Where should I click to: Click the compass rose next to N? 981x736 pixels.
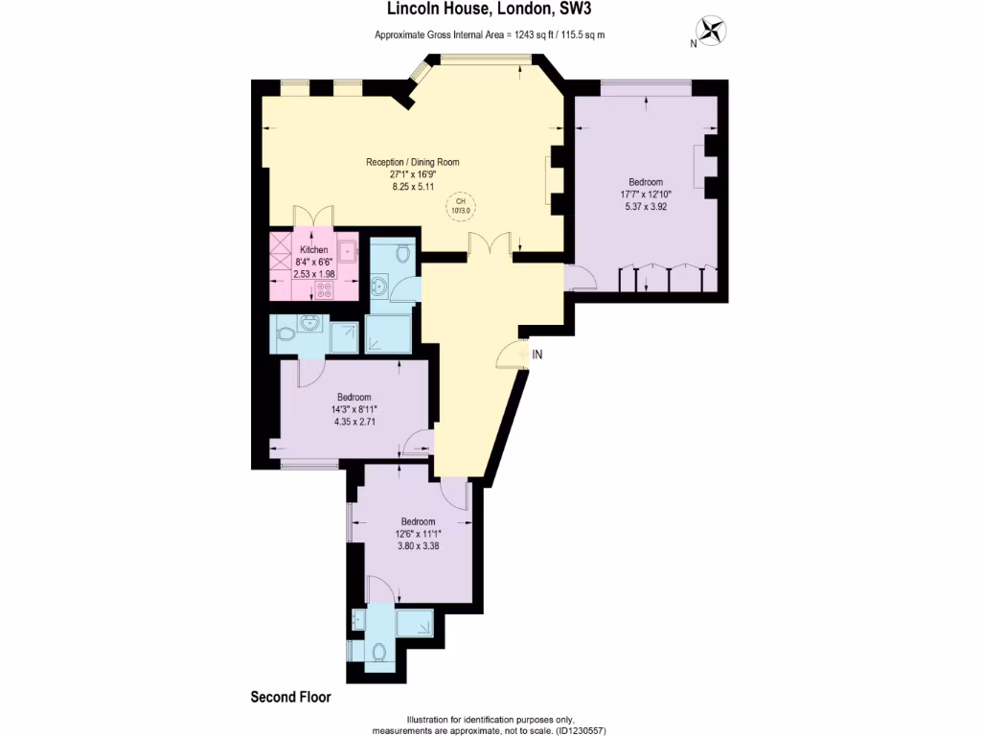[712, 31]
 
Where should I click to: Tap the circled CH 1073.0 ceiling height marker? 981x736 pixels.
[461, 204]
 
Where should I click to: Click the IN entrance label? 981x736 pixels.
[537, 355]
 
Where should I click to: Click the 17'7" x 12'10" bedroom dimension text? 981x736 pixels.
[646, 194]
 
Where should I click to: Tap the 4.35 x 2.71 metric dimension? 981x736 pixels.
[354, 422]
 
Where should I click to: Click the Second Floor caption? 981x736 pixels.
[290, 697]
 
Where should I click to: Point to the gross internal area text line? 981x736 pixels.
[489, 35]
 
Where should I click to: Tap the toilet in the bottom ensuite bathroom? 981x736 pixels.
[379, 652]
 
